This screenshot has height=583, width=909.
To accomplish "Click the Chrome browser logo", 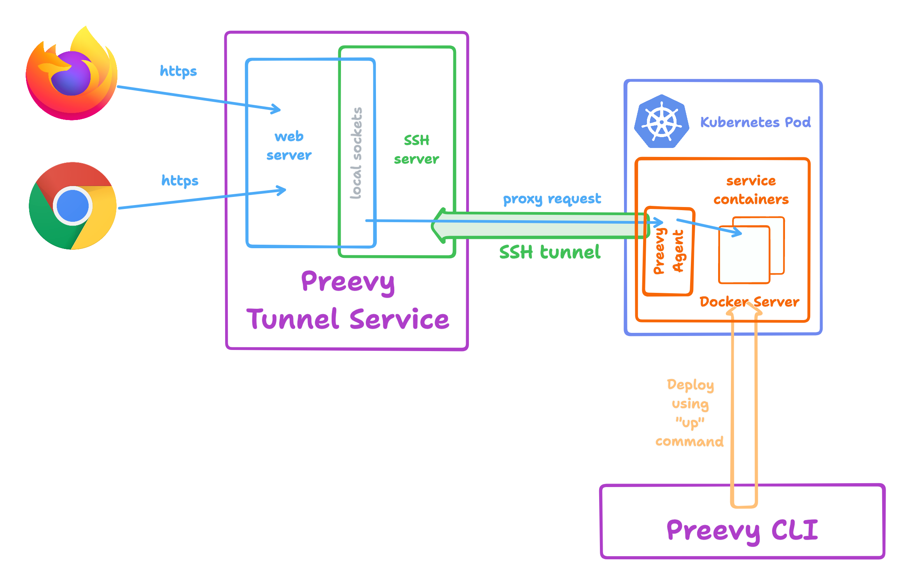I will point(73,206).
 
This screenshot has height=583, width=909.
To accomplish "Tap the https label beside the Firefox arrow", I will point(178,71).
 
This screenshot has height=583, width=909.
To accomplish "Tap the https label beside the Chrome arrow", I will point(180,181).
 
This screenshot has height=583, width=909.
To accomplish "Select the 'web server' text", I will point(289,146).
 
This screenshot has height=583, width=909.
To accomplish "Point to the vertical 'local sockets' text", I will point(357,153).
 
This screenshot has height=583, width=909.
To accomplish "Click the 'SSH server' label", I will point(416,150).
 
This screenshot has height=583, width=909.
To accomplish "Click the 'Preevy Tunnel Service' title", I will point(348,301).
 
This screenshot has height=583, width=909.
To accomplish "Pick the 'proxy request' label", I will point(552,199).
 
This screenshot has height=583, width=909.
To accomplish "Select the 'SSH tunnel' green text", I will point(550,252).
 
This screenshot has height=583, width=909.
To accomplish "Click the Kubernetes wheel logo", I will point(661,122).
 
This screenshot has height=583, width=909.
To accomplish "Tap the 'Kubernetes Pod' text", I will point(755,122).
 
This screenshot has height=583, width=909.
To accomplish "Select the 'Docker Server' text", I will point(749,302).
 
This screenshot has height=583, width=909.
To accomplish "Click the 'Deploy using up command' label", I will point(690,413).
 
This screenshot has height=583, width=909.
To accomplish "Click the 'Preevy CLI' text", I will point(742,531).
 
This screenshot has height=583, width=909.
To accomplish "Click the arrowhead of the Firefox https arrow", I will point(277,109).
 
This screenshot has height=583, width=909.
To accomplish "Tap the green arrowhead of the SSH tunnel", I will point(439,225).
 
